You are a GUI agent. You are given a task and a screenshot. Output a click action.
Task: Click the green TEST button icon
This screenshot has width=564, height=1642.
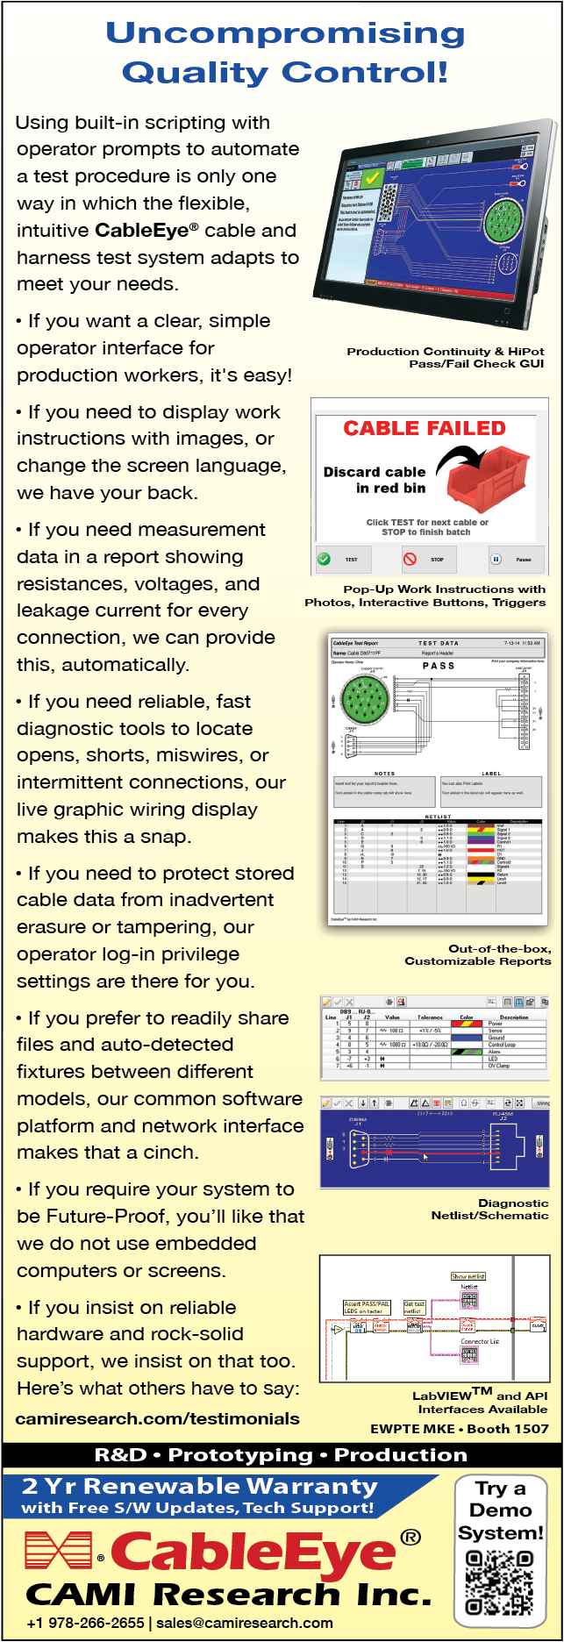(325, 559)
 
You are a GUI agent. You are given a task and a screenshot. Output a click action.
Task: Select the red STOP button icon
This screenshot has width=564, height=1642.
(410, 559)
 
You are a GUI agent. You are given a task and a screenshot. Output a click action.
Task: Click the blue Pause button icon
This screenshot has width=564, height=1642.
(496, 559)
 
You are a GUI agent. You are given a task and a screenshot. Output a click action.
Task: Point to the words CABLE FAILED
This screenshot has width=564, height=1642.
(425, 428)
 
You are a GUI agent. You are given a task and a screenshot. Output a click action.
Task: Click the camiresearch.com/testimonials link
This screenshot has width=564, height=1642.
(158, 1418)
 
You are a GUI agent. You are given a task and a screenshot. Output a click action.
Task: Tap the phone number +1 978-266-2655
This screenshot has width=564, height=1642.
(85, 1623)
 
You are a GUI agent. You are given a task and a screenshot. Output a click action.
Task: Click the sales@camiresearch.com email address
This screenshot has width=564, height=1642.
(245, 1623)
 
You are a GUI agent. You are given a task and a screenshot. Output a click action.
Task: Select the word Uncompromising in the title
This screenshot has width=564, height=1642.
(285, 33)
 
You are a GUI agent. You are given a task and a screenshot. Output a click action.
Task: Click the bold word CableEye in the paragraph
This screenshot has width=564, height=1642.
(142, 231)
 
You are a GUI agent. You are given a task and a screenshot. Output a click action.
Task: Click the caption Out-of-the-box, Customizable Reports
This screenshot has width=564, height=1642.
(478, 954)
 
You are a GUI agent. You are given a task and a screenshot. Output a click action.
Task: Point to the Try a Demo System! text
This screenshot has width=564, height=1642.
(500, 1510)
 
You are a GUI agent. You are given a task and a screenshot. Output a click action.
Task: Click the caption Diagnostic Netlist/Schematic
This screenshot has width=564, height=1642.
(489, 1209)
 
